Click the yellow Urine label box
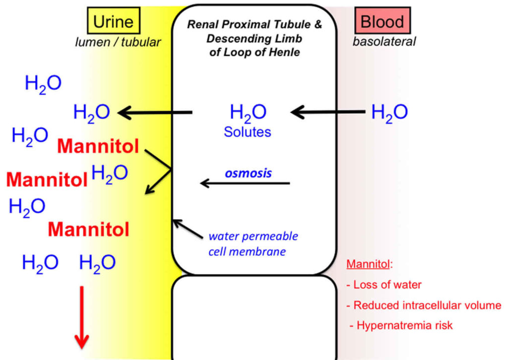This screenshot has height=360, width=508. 114,21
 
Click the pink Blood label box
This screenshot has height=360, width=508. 382,21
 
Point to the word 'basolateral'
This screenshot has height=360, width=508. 384,42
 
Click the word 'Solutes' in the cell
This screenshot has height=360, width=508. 248,132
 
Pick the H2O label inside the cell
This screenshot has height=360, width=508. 248,113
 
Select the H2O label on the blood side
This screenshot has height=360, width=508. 389,113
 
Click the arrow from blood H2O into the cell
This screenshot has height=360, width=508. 327,113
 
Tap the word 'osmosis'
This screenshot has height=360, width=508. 249,173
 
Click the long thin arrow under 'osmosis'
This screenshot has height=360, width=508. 245,183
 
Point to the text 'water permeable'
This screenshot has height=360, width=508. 253,236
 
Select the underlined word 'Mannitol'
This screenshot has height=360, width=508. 368,263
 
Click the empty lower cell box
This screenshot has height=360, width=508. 254,317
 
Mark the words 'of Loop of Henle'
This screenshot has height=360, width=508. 254,52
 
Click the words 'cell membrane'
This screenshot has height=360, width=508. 247,251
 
